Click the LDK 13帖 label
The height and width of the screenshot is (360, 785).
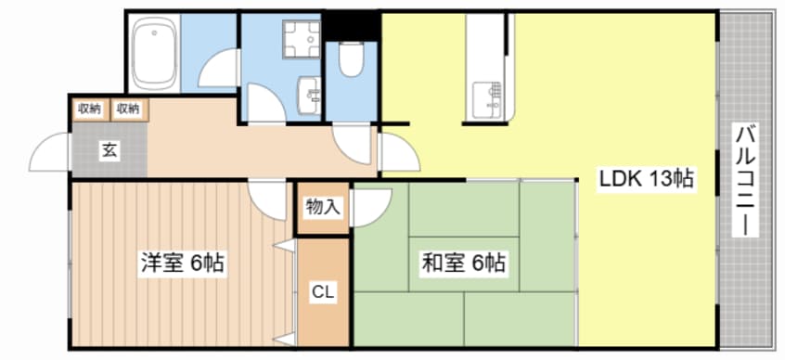point(647,179)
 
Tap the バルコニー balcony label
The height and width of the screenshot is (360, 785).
point(745,179)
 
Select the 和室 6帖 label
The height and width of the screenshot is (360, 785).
point(464,263)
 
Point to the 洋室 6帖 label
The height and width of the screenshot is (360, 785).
point(183,263)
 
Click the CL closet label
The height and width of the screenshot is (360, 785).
point(322,292)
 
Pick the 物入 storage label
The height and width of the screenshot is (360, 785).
point(322,208)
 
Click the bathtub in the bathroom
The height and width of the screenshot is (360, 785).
point(154,53)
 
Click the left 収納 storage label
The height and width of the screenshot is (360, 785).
point(90,109)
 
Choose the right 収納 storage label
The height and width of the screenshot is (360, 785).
point(128,109)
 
